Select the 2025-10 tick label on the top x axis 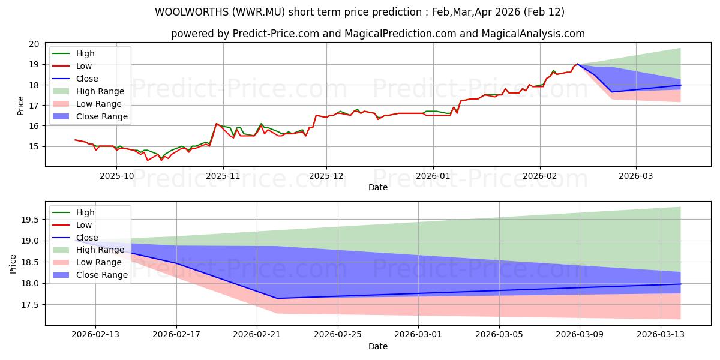(116, 176)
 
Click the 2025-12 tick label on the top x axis (326, 176)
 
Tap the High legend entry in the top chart (85, 53)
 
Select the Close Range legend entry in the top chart (101, 116)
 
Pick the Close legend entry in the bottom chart (87, 238)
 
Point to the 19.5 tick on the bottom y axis (29, 220)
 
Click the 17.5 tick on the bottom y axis (29, 305)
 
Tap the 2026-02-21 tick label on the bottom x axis (257, 334)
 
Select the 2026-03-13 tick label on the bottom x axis (660, 334)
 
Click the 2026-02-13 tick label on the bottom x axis (95, 334)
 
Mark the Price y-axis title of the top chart (21, 105)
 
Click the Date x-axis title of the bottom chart (378, 346)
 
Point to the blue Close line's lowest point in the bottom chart (277, 298)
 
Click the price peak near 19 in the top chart (578, 64)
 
